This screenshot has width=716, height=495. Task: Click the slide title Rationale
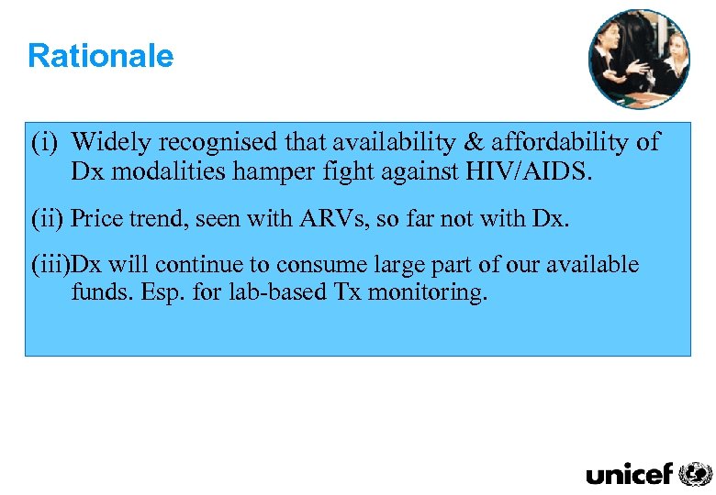100,56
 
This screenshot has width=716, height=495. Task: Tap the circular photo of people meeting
639,60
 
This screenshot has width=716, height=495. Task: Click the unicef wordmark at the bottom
629,474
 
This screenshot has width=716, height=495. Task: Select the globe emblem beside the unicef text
695,474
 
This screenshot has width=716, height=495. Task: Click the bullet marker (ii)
47,218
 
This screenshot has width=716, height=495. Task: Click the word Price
96,218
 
